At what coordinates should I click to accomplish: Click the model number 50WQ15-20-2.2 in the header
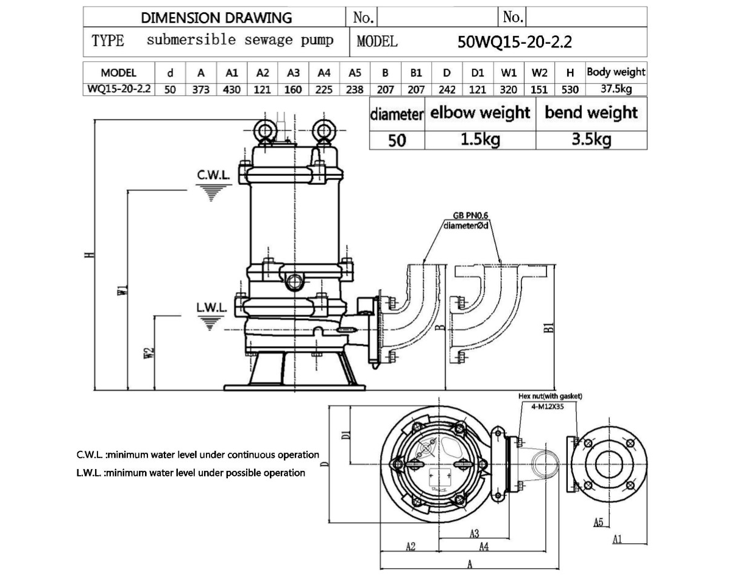click(515, 42)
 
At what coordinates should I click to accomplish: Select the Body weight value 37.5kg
click(615, 89)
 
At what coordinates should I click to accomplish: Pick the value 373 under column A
click(201, 89)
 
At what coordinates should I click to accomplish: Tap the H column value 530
click(570, 89)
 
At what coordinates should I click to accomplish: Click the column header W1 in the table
click(509, 73)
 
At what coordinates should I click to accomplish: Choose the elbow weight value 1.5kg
click(480, 139)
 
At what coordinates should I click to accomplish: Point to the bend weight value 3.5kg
click(591, 139)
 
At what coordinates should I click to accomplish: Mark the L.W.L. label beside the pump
click(211, 307)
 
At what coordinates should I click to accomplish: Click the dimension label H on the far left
click(90, 256)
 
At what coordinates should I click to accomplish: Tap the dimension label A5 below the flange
click(598, 521)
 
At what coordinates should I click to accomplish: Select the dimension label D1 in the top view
click(345, 434)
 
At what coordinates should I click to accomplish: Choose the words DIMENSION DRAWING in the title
click(216, 18)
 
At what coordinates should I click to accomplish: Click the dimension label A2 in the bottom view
click(410, 546)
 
